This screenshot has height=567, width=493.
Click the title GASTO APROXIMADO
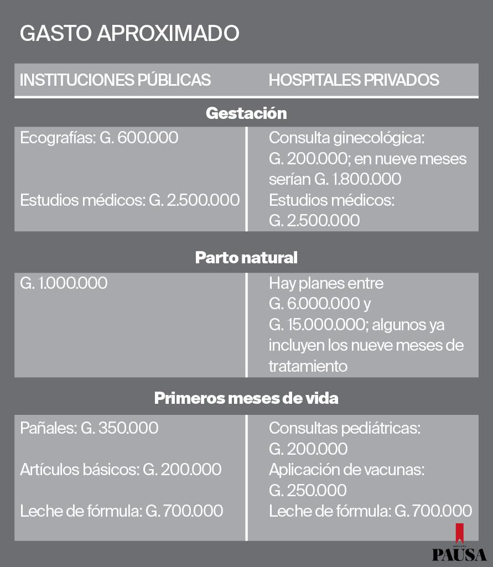coord(129,33)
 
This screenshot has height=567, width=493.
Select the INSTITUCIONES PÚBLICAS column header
coord(115,80)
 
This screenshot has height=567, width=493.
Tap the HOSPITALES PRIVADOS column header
coord(354,80)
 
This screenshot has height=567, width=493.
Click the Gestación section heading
coord(246,113)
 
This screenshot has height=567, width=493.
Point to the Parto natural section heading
coord(246,258)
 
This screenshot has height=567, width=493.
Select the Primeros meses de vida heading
coord(246,398)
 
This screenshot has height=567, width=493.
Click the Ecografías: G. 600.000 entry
coord(99,138)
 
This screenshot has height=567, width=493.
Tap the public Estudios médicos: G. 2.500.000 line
coord(129,200)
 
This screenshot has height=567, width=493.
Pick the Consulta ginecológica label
coord(346,138)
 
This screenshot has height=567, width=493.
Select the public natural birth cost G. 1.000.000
coord(64,283)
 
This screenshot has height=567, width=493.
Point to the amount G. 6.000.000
coord(314,304)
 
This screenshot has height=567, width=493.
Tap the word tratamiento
coord(308,366)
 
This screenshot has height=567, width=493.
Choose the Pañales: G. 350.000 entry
coord(89,428)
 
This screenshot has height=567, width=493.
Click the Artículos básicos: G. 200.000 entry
coord(121,470)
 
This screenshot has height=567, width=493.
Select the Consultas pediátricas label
coord(345,428)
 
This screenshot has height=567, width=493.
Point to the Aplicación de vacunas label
coord(346,470)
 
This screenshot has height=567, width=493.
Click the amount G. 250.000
coord(308,491)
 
